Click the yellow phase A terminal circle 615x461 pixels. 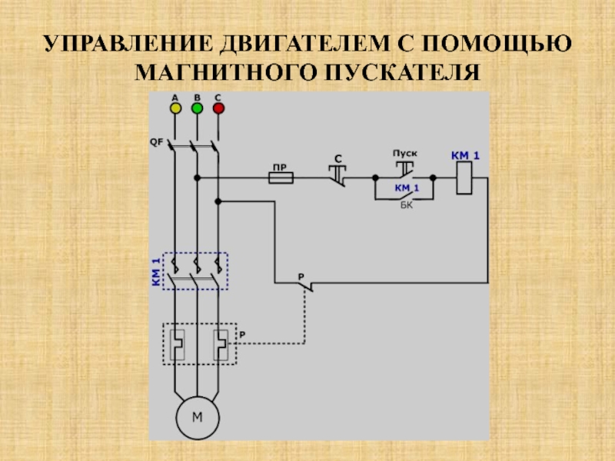[175, 108]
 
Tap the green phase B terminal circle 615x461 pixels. [197, 108]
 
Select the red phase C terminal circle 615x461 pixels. [218, 108]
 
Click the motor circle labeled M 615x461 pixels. [197, 418]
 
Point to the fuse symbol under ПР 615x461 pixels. [280, 177]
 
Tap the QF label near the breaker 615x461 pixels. [155, 142]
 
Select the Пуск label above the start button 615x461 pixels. [405, 154]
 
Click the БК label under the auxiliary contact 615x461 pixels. [406, 205]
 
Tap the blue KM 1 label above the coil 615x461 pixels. [465, 156]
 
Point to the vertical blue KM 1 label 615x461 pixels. [156, 271]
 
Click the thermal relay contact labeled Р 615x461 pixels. [305, 285]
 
